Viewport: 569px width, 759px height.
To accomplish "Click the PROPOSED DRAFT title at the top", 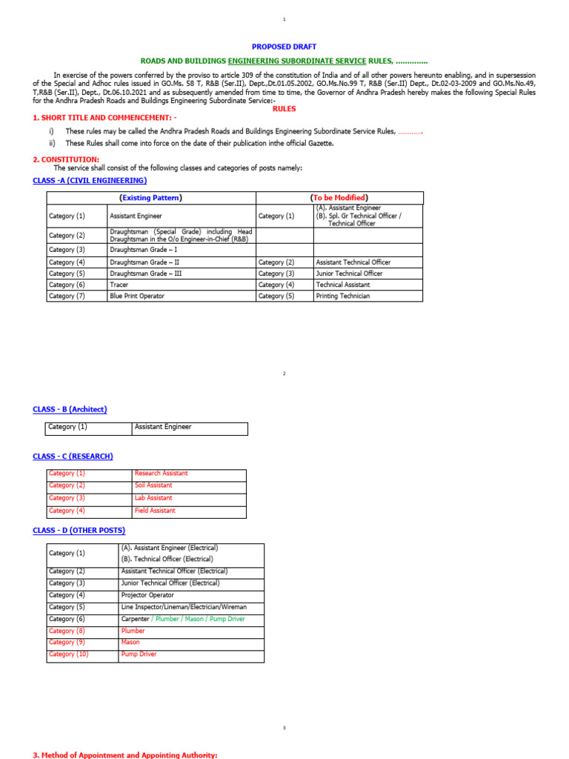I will pos(284,47).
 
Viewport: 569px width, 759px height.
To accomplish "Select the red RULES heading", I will pos(284,109).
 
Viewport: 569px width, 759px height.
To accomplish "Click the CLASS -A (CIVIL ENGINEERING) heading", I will pos(90,181).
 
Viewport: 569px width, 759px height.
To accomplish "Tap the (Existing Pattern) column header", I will pos(151,198).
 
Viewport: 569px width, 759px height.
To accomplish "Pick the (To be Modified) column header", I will pos(339,198).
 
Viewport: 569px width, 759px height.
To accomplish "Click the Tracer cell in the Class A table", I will pos(119,285).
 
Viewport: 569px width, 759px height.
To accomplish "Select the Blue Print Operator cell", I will pos(136,296).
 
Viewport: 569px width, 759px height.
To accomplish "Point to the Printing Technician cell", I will pos(342,296).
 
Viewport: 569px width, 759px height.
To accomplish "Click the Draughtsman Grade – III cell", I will pos(144,274).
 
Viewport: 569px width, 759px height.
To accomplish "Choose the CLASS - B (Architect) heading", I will pos(70,409).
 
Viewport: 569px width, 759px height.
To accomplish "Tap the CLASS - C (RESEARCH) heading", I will pos(73,457).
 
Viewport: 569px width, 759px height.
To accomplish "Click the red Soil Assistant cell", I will pos(153,485).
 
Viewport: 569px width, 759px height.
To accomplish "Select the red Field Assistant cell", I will pos(155,511).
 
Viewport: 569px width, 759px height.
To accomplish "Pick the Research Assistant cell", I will pos(161,473).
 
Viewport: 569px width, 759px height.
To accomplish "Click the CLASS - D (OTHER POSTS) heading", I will pos(79,531).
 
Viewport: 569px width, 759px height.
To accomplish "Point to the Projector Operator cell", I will pos(146,595).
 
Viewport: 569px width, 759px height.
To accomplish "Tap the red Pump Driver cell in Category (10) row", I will pos(139,654).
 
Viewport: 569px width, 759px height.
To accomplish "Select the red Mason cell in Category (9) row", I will pos(130,643).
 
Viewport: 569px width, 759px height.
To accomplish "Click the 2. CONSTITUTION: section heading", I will pos(66,159).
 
